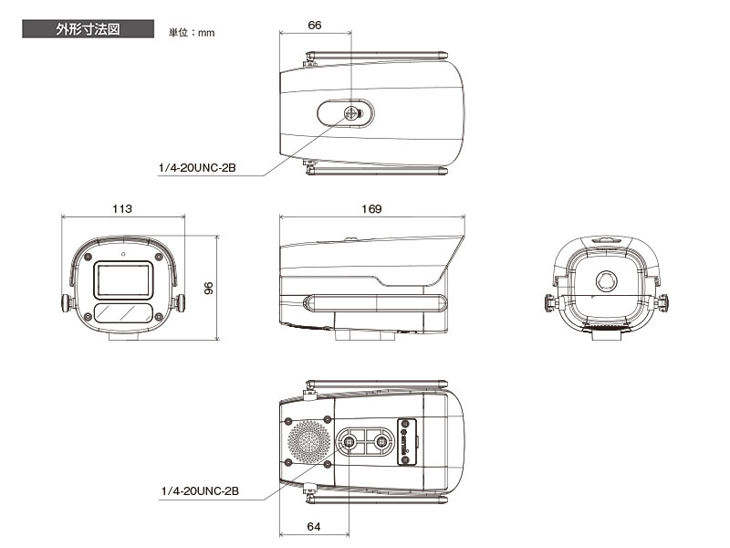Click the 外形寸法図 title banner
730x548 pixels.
coord(88,29)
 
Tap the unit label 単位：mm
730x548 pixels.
coord(192,33)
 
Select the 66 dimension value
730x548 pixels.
coord(315,26)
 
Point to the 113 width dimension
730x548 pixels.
coord(122,209)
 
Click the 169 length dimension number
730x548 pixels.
coord(371,209)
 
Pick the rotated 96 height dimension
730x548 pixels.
coord(209,288)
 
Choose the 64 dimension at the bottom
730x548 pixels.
coord(314,527)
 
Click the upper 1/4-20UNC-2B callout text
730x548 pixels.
coord(197,168)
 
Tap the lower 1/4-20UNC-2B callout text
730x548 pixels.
coord(200,491)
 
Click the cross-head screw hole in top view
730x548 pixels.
coord(350,112)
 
